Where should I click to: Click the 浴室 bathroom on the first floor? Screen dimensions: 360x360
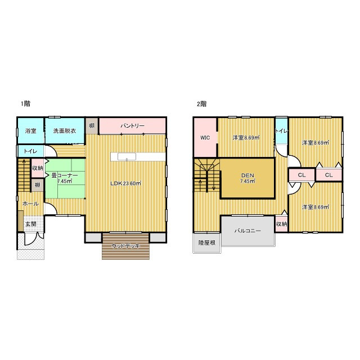point(30,130)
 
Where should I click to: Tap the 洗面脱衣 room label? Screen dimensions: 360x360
point(65,131)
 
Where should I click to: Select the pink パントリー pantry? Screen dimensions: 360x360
point(132,126)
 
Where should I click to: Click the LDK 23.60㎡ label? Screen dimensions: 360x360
point(125,183)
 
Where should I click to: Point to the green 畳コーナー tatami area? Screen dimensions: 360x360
point(65,178)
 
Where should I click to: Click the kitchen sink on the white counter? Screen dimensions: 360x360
point(127,157)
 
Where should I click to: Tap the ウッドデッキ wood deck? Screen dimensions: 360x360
point(125,246)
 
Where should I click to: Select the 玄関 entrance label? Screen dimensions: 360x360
point(31,224)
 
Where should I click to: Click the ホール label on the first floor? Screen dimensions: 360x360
point(30,204)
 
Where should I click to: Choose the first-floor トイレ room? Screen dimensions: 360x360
point(30,151)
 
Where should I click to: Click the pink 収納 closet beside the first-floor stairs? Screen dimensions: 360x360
point(38,168)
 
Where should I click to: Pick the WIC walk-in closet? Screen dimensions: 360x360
point(205,137)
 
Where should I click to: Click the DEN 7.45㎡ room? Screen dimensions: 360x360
point(247,178)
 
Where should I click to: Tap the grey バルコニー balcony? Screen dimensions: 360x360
point(248,231)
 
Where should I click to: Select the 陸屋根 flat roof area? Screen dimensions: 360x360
point(207,243)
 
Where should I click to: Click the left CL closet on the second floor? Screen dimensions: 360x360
point(301,175)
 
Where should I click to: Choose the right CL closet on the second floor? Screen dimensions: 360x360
point(328,175)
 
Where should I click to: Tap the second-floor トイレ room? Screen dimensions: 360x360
point(281,131)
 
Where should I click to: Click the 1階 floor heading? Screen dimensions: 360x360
point(25,103)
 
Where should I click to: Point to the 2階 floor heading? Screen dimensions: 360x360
point(201,104)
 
